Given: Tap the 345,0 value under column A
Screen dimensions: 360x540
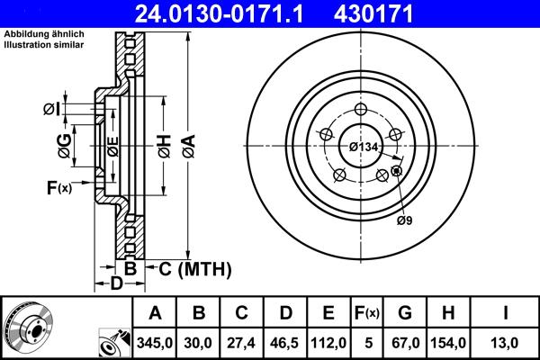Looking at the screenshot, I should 154,341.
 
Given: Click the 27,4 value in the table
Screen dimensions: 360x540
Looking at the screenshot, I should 241,341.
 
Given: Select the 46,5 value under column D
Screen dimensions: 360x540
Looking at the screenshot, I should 284,341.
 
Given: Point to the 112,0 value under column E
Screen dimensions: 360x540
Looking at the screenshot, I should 328,341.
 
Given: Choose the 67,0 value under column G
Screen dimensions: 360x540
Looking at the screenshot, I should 405,341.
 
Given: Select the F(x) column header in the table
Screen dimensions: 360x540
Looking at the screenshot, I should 367,312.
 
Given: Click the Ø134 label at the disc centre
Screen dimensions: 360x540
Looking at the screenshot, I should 363,147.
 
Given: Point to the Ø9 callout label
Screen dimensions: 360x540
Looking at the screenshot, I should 406,220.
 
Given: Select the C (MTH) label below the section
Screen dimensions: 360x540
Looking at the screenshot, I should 195,269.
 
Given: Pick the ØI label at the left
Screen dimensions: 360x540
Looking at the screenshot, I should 51,110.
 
